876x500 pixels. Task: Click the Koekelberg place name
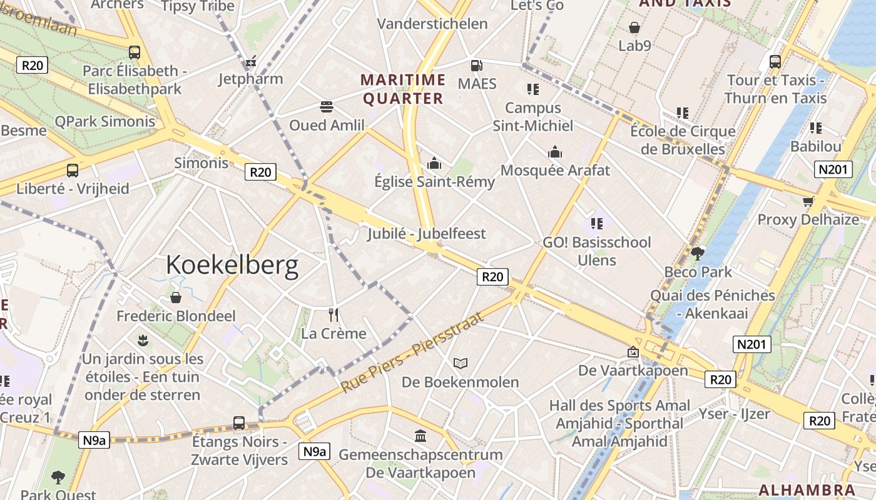232,266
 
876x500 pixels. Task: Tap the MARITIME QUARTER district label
404,89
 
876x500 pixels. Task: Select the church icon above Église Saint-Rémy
434,164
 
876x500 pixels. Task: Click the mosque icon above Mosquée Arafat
555,152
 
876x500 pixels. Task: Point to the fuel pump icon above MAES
476,66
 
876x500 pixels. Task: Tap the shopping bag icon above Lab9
634,28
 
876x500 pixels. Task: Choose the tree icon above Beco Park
698,254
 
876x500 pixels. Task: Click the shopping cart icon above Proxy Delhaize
808,201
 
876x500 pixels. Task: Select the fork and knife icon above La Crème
333,314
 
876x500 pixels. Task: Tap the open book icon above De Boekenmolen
461,363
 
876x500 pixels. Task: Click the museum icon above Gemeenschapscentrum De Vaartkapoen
420,436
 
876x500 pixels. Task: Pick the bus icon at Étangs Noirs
239,423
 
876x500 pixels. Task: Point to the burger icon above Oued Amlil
326,107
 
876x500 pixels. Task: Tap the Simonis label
201,163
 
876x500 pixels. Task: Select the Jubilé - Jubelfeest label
427,234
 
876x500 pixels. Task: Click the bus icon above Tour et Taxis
775,62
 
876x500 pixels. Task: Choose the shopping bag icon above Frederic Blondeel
176,297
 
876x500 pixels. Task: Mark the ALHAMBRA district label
807,489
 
